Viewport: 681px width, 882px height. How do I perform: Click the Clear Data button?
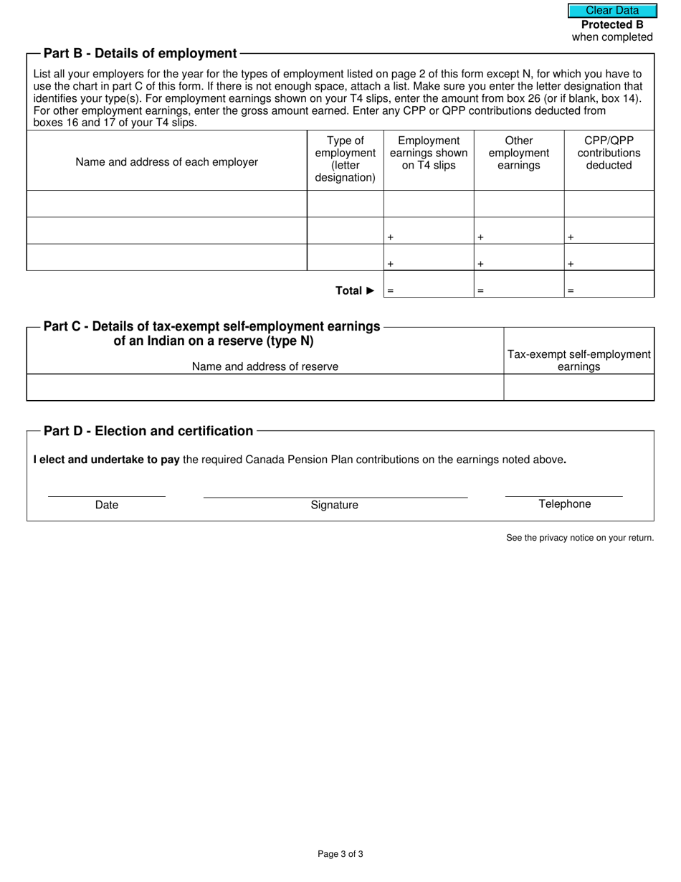tap(612, 11)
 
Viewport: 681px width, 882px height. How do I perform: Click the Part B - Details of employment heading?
tap(140, 54)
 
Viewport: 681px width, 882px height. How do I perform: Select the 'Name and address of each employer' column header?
tap(166, 162)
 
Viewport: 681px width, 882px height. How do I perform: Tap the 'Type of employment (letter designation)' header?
tap(346, 159)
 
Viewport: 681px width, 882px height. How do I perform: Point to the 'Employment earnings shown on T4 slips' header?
tap(429, 153)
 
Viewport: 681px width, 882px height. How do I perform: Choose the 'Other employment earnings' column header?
tap(519, 153)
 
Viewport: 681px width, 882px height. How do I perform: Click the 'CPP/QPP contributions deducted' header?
tap(609, 153)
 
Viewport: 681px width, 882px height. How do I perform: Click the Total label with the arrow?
tap(355, 290)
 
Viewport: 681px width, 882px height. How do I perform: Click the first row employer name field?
tap(166, 204)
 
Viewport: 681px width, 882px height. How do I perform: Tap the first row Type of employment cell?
tap(346, 204)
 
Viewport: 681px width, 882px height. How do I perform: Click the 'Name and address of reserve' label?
tap(265, 366)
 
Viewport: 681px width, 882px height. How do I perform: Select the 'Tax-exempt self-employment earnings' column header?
tap(579, 360)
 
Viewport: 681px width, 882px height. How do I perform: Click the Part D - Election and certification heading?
tap(148, 431)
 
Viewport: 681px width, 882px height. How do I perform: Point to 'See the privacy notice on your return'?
tap(580, 538)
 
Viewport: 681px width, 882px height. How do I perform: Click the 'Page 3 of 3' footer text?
tap(340, 854)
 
